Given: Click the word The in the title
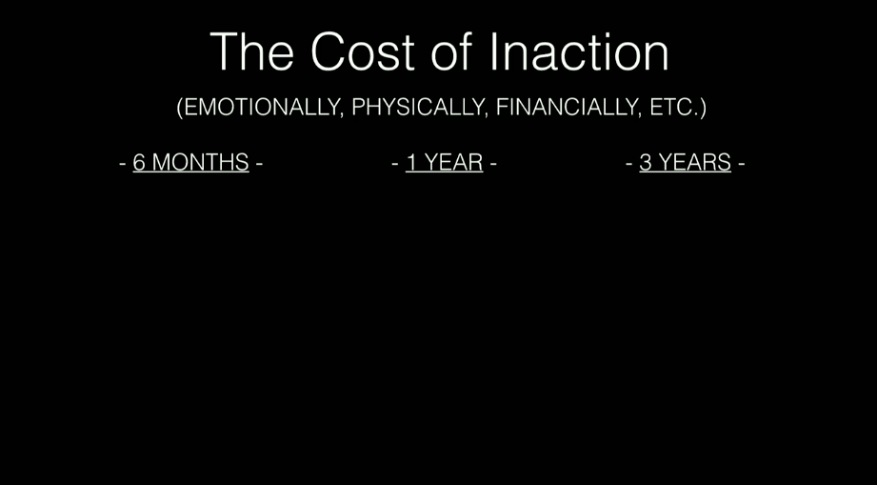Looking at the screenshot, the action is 252,52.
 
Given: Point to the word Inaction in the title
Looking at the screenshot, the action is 579,52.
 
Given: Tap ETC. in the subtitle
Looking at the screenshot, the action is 674,107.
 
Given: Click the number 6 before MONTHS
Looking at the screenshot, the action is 139,162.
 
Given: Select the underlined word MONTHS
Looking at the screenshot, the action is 200,162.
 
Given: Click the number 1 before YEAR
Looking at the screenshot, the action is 411,162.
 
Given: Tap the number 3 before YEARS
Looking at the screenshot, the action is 646,162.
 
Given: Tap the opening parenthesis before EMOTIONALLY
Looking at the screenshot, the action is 180,108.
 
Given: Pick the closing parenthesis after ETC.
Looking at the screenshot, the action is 703,108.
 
